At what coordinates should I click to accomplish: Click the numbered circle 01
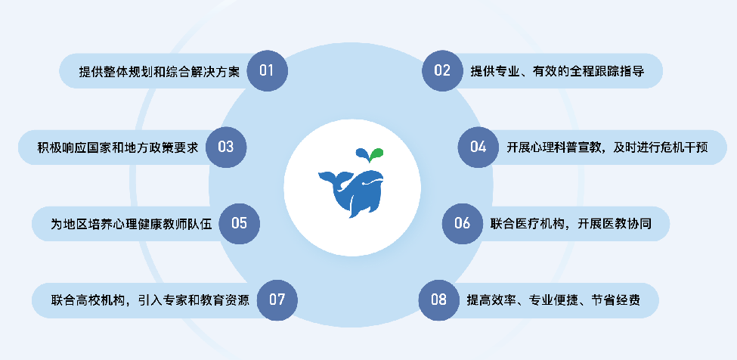(267, 71)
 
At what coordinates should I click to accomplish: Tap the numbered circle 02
(442, 71)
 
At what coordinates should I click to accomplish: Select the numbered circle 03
(226, 147)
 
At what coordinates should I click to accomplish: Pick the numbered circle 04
(478, 147)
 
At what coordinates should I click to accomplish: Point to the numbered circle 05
(239, 223)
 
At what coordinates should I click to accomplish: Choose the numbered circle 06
(462, 223)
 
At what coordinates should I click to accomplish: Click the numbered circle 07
(277, 299)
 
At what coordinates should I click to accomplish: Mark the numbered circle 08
(439, 299)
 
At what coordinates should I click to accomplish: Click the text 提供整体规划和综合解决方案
(159, 72)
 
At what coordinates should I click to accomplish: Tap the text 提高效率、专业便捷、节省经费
(553, 299)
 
